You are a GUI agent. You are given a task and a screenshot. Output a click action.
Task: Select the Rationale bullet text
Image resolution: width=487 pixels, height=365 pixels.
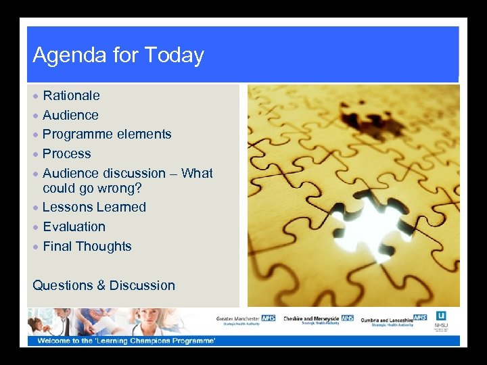point(71,95)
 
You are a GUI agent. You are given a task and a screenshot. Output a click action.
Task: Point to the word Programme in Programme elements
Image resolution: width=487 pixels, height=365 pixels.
point(76,135)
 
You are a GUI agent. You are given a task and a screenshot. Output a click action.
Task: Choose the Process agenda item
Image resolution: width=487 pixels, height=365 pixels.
point(66,153)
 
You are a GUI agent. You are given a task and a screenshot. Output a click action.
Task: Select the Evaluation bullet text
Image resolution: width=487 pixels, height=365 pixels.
point(74,226)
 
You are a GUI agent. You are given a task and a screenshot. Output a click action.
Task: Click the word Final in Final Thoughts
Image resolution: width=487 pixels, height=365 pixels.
point(57,246)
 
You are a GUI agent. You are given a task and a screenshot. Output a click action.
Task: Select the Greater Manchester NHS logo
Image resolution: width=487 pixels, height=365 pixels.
point(246,319)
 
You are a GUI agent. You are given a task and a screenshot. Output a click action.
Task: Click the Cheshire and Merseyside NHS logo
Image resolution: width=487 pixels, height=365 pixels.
point(319,319)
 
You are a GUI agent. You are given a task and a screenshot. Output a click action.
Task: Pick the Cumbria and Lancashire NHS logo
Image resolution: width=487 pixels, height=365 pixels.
point(394,320)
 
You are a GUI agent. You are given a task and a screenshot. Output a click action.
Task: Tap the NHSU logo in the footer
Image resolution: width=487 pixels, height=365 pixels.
point(441,319)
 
